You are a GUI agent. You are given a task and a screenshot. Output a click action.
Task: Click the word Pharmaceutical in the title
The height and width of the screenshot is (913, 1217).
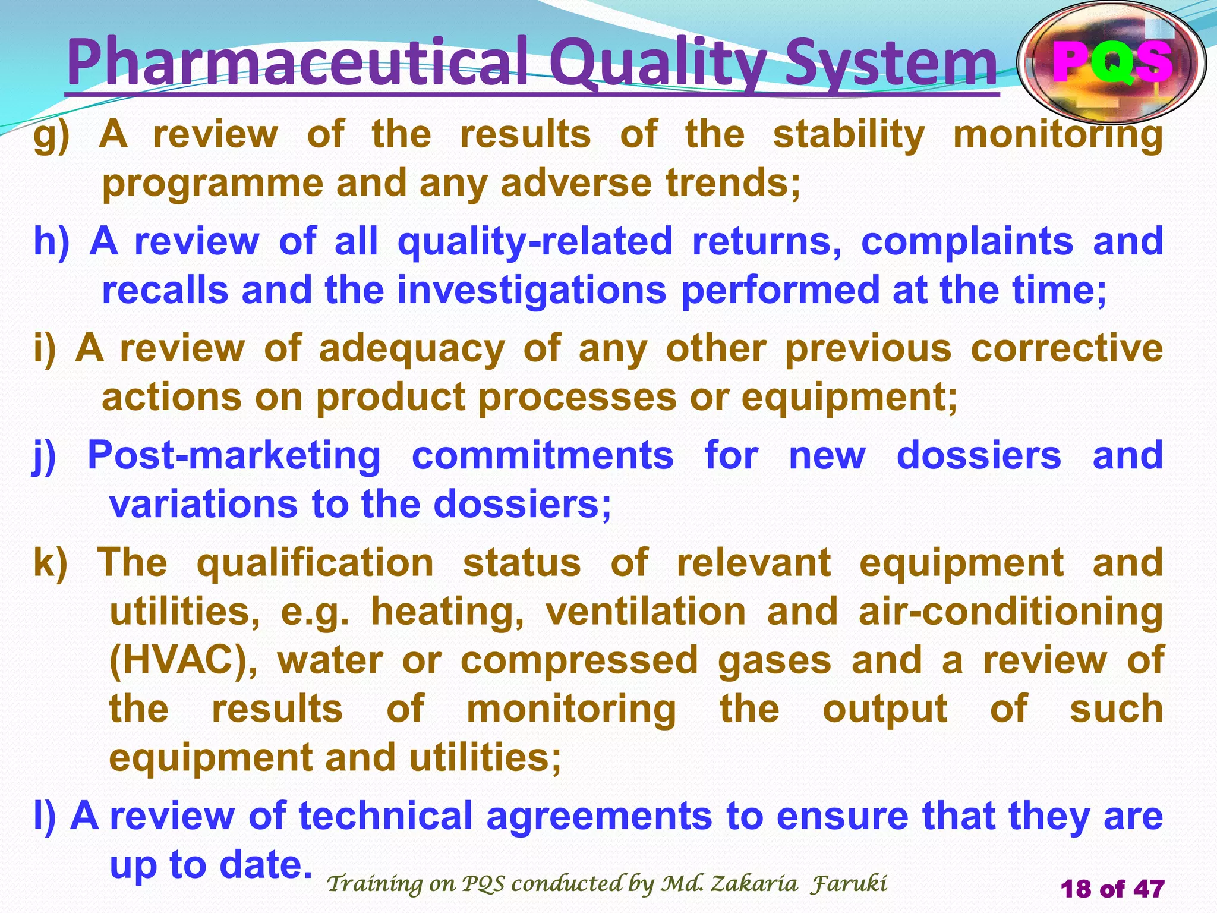click(297, 62)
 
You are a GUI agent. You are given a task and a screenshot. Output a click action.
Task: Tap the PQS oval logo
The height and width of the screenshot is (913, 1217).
click(1111, 62)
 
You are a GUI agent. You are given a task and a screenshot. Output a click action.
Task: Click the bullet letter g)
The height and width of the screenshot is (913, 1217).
click(51, 136)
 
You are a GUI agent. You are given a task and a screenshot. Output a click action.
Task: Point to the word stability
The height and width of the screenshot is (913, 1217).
click(849, 134)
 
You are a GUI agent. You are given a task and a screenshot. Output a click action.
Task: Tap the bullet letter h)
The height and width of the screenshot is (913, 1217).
click(51, 242)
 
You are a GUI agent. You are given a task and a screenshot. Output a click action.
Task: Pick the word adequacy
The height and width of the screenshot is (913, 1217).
click(412, 349)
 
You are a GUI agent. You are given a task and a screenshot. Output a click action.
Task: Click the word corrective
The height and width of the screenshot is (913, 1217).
click(1067, 349)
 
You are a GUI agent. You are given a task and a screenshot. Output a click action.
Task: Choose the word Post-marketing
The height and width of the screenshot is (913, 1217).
click(234, 456)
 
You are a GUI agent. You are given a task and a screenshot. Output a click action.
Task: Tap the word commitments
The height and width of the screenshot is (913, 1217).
click(543, 456)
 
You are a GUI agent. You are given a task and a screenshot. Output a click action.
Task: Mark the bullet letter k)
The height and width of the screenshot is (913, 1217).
click(51, 563)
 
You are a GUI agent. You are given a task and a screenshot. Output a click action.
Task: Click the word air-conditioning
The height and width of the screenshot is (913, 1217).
click(1010, 612)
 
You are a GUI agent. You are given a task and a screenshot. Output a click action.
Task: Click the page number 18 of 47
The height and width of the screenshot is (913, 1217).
click(1112, 889)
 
